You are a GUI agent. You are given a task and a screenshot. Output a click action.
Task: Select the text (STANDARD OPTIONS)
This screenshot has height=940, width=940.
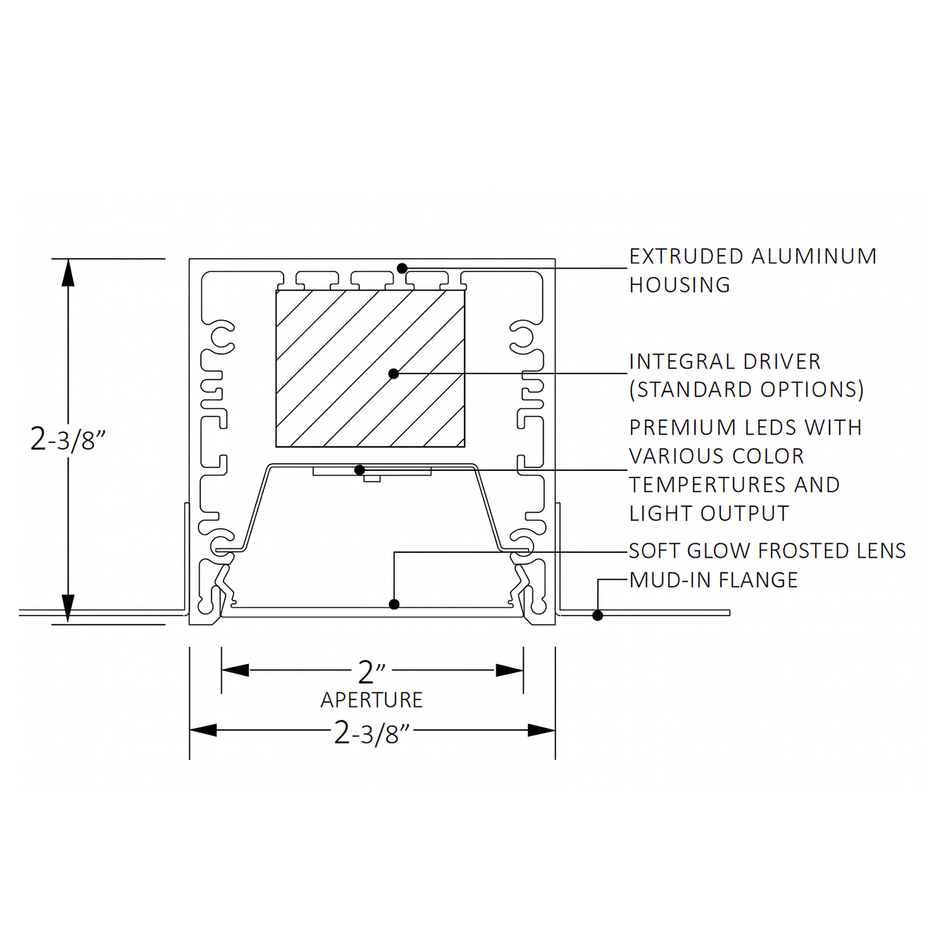tap(746, 390)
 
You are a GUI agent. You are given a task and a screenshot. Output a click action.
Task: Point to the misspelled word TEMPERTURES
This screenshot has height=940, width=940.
tap(708, 485)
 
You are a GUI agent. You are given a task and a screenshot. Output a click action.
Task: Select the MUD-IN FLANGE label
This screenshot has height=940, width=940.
tap(713, 580)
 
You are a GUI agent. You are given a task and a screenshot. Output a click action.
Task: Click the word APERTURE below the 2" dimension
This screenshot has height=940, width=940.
tap(371, 701)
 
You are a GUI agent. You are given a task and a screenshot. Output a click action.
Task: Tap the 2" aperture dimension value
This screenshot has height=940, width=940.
tap(371, 672)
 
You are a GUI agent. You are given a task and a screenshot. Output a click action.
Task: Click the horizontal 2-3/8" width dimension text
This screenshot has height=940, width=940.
tap(371, 733)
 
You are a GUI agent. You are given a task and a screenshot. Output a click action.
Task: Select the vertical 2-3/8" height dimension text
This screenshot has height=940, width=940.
tap(67, 440)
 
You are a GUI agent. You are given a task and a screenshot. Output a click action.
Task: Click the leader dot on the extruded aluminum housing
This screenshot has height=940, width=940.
tap(402, 268)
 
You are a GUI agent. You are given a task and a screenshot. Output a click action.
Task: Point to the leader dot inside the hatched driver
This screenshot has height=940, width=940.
tap(394, 373)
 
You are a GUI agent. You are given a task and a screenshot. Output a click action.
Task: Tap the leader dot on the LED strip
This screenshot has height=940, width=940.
tap(359, 470)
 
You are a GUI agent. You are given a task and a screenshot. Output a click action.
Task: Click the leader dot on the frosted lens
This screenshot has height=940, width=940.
tap(394, 604)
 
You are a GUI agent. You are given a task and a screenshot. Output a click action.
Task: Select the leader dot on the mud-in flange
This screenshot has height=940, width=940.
tap(597, 615)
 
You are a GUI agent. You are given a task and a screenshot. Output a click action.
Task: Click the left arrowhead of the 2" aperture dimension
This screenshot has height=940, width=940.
tap(235, 670)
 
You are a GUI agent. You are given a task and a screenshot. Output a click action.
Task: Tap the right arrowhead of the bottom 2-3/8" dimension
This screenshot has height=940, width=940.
tap(542, 731)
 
